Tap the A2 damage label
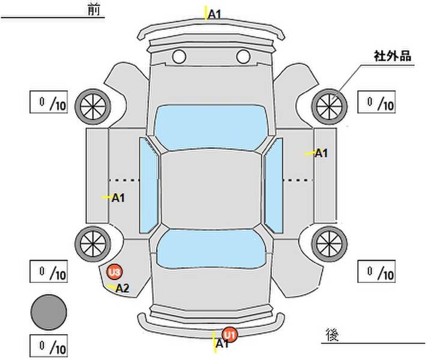coord(123,288)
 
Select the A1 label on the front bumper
coord(214,13)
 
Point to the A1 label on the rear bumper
coord(222,344)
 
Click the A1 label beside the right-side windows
coord(321,153)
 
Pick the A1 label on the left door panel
coord(118,197)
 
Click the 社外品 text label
coord(392,56)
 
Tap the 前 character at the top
coord(93,10)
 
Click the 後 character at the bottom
coord(331,334)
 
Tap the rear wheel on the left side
coord(92,242)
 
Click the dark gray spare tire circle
coord(49,312)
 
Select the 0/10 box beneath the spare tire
coord(49,346)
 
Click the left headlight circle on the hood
coord(179,57)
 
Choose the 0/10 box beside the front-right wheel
coord(377,102)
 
